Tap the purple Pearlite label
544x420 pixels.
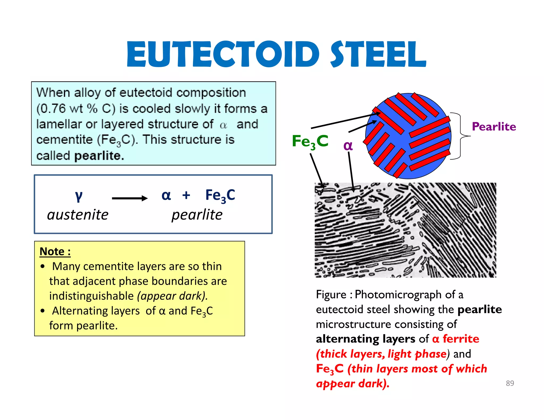[494, 127]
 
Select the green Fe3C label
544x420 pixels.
[310, 141]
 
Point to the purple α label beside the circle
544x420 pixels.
[348, 146]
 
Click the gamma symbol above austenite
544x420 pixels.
[79, 196]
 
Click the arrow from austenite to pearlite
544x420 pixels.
[130, 198]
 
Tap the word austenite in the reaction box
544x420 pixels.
[78, 215]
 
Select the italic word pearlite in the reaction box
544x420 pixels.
[197, 215]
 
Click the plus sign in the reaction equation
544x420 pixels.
[186, 195]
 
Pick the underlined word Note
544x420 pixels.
[52, 251]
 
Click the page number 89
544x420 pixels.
[510, 383]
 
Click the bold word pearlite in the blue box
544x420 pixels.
[99, 156]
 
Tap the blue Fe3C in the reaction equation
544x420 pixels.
[220, 195]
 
